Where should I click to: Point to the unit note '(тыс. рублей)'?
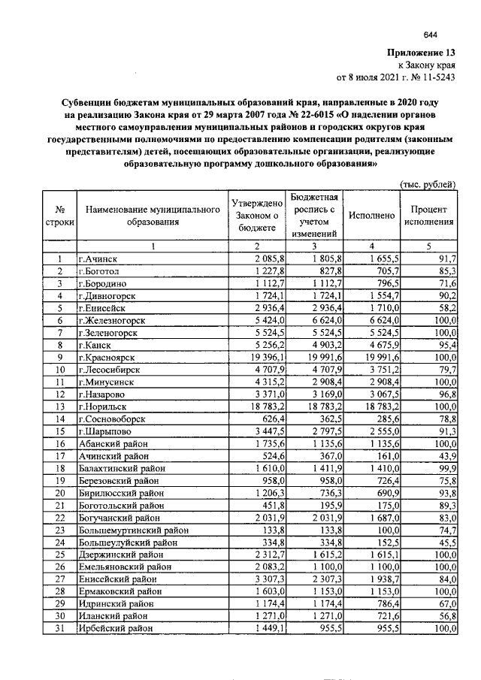425,184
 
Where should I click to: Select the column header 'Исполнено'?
371,216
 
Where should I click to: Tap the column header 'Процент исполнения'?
428,216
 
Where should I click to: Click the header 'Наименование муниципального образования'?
153,216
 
